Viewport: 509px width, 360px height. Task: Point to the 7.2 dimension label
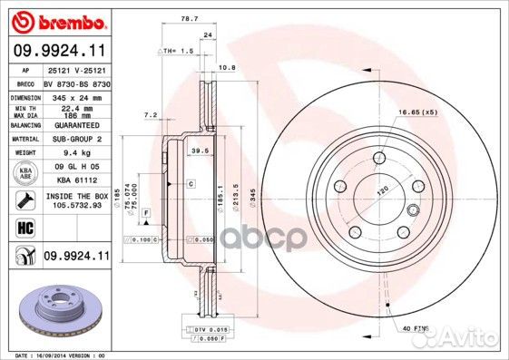[x=152, y=114]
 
